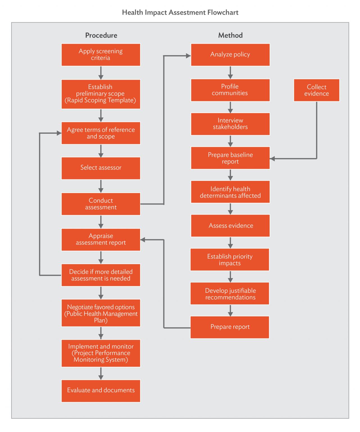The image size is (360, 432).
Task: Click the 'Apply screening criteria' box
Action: click(x=101, y=55)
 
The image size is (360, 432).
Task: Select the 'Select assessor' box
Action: click(x=101, y=168)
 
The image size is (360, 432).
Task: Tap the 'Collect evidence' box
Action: click(x=316, y=90)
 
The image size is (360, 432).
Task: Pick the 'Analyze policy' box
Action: click(x=230, y=55)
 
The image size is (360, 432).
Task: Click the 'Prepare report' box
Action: click(x=229, y=327)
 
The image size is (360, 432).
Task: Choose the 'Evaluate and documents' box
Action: click(x=101, y=391)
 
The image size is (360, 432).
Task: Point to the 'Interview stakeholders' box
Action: click(x=230, y=124)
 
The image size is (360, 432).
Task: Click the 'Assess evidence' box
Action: click(x=230, y=226)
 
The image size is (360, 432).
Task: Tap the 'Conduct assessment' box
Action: click(x=101, y=204)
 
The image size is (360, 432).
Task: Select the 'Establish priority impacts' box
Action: click(x=229, y=259)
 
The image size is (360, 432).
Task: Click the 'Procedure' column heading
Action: click(x=101, y=35)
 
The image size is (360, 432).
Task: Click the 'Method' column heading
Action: click(x=230, y=35)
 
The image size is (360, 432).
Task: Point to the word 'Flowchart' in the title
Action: click(x=223, y=12)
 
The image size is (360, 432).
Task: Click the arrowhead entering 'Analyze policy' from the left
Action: click(x=188, y=56)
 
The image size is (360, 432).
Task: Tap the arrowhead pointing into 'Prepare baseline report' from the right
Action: click(x=272, y=159)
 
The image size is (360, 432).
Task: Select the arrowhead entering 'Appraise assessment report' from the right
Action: click(x=143, y=240)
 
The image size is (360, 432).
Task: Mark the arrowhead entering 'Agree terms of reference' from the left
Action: click(x=59, y=133)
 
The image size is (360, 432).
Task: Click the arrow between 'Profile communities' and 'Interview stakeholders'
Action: click(x=230, y=107)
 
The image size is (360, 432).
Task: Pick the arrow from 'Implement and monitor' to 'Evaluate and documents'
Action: click(x=101, y=373)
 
